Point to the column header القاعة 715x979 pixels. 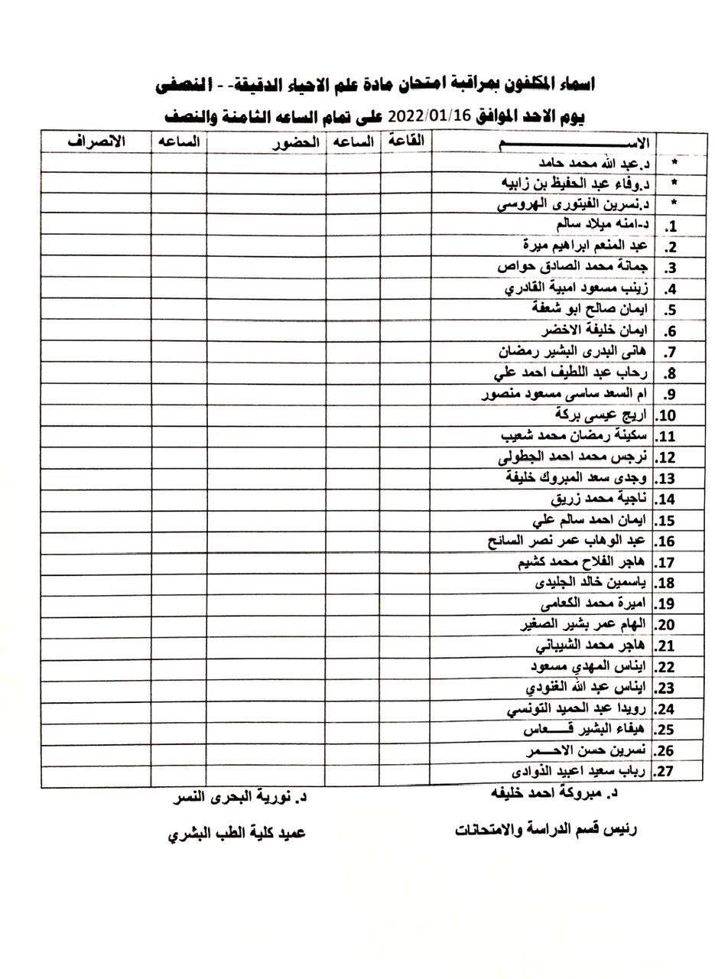point(406,141)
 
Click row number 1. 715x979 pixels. point(669,226)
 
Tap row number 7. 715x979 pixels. point(668,353)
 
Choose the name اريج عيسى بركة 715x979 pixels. point(603,415)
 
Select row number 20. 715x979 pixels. point(665,624)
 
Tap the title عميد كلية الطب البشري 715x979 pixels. point(236,833)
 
